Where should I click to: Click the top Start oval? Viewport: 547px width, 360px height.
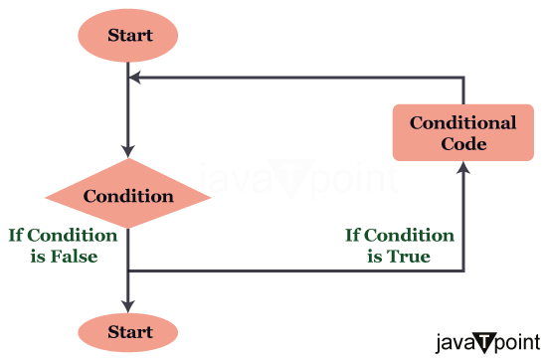coord(129,36)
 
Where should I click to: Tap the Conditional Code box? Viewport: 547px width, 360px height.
coord(463,133)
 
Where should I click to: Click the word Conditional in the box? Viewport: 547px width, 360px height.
coord(463,123)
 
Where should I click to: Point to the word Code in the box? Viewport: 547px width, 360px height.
coord(463,144)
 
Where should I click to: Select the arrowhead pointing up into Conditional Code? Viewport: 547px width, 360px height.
coord(463,170)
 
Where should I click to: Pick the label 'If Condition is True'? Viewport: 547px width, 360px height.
coord(400,246)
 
